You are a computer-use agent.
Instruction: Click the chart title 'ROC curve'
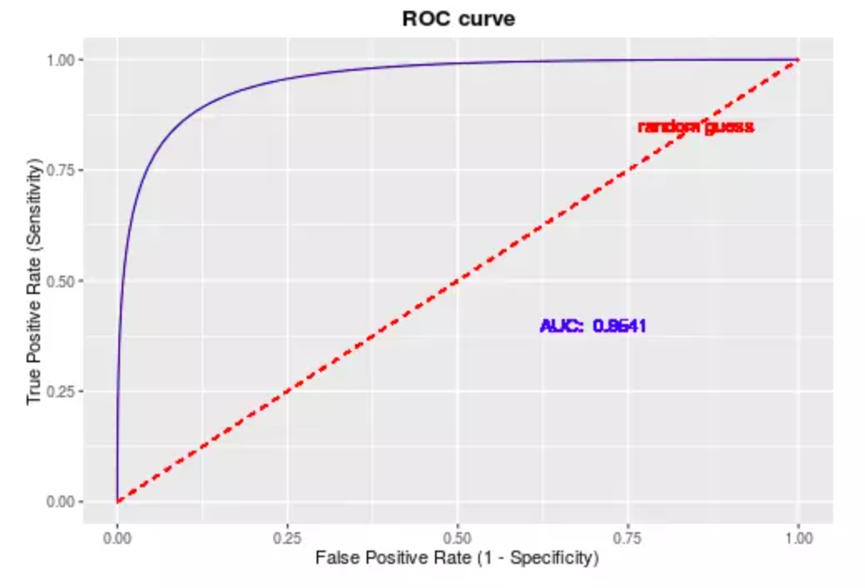click(x=458, y=18)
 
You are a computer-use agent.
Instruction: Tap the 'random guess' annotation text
click(x=696, y=127)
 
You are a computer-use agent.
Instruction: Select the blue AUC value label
click(x=592, y=326)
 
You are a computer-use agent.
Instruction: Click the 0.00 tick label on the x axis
click(x=117, y=539)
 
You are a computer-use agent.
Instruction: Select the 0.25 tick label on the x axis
click(x=287, y=539)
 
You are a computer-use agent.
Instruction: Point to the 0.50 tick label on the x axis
click(x=457, y=539)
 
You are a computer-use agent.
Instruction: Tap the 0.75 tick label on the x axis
click(x=628, y=539)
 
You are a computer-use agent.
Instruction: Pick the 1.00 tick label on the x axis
click(x=798, y=539)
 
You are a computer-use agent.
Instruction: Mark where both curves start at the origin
click(x=117, y=501)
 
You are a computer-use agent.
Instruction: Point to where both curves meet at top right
click(x=798, y=60)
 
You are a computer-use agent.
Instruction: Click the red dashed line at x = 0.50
click(x=457, y=281)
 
